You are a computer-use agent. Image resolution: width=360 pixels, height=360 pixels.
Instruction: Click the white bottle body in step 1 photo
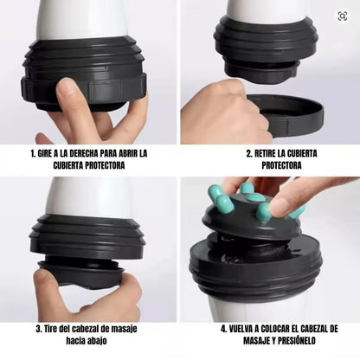87,17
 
